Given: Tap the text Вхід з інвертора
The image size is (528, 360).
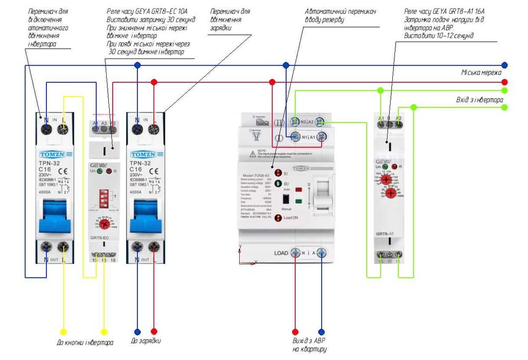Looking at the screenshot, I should click(477, 99).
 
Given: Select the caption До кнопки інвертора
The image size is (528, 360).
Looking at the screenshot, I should click(84, 342).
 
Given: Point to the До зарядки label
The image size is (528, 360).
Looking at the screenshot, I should click(146, 341).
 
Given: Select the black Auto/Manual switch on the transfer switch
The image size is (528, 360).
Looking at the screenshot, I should click(286, 199).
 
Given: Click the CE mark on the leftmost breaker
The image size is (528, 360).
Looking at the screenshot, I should click(62, 172).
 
